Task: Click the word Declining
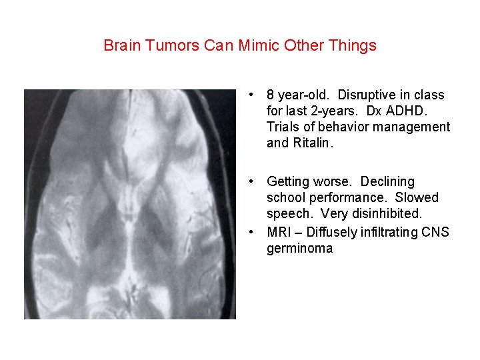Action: (x=387, y=182)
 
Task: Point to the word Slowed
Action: (x=417, y=198)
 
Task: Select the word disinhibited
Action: (x=403, y=214)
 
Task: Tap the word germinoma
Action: (x=299, y=249)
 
